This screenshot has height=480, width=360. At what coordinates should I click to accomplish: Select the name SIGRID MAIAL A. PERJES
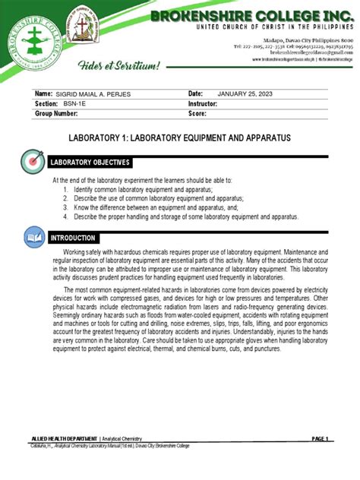99,114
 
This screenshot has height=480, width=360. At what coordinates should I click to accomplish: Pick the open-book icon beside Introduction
34,238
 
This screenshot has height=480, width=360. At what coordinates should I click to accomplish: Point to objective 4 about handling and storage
182,216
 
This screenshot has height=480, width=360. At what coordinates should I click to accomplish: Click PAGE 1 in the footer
318,438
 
